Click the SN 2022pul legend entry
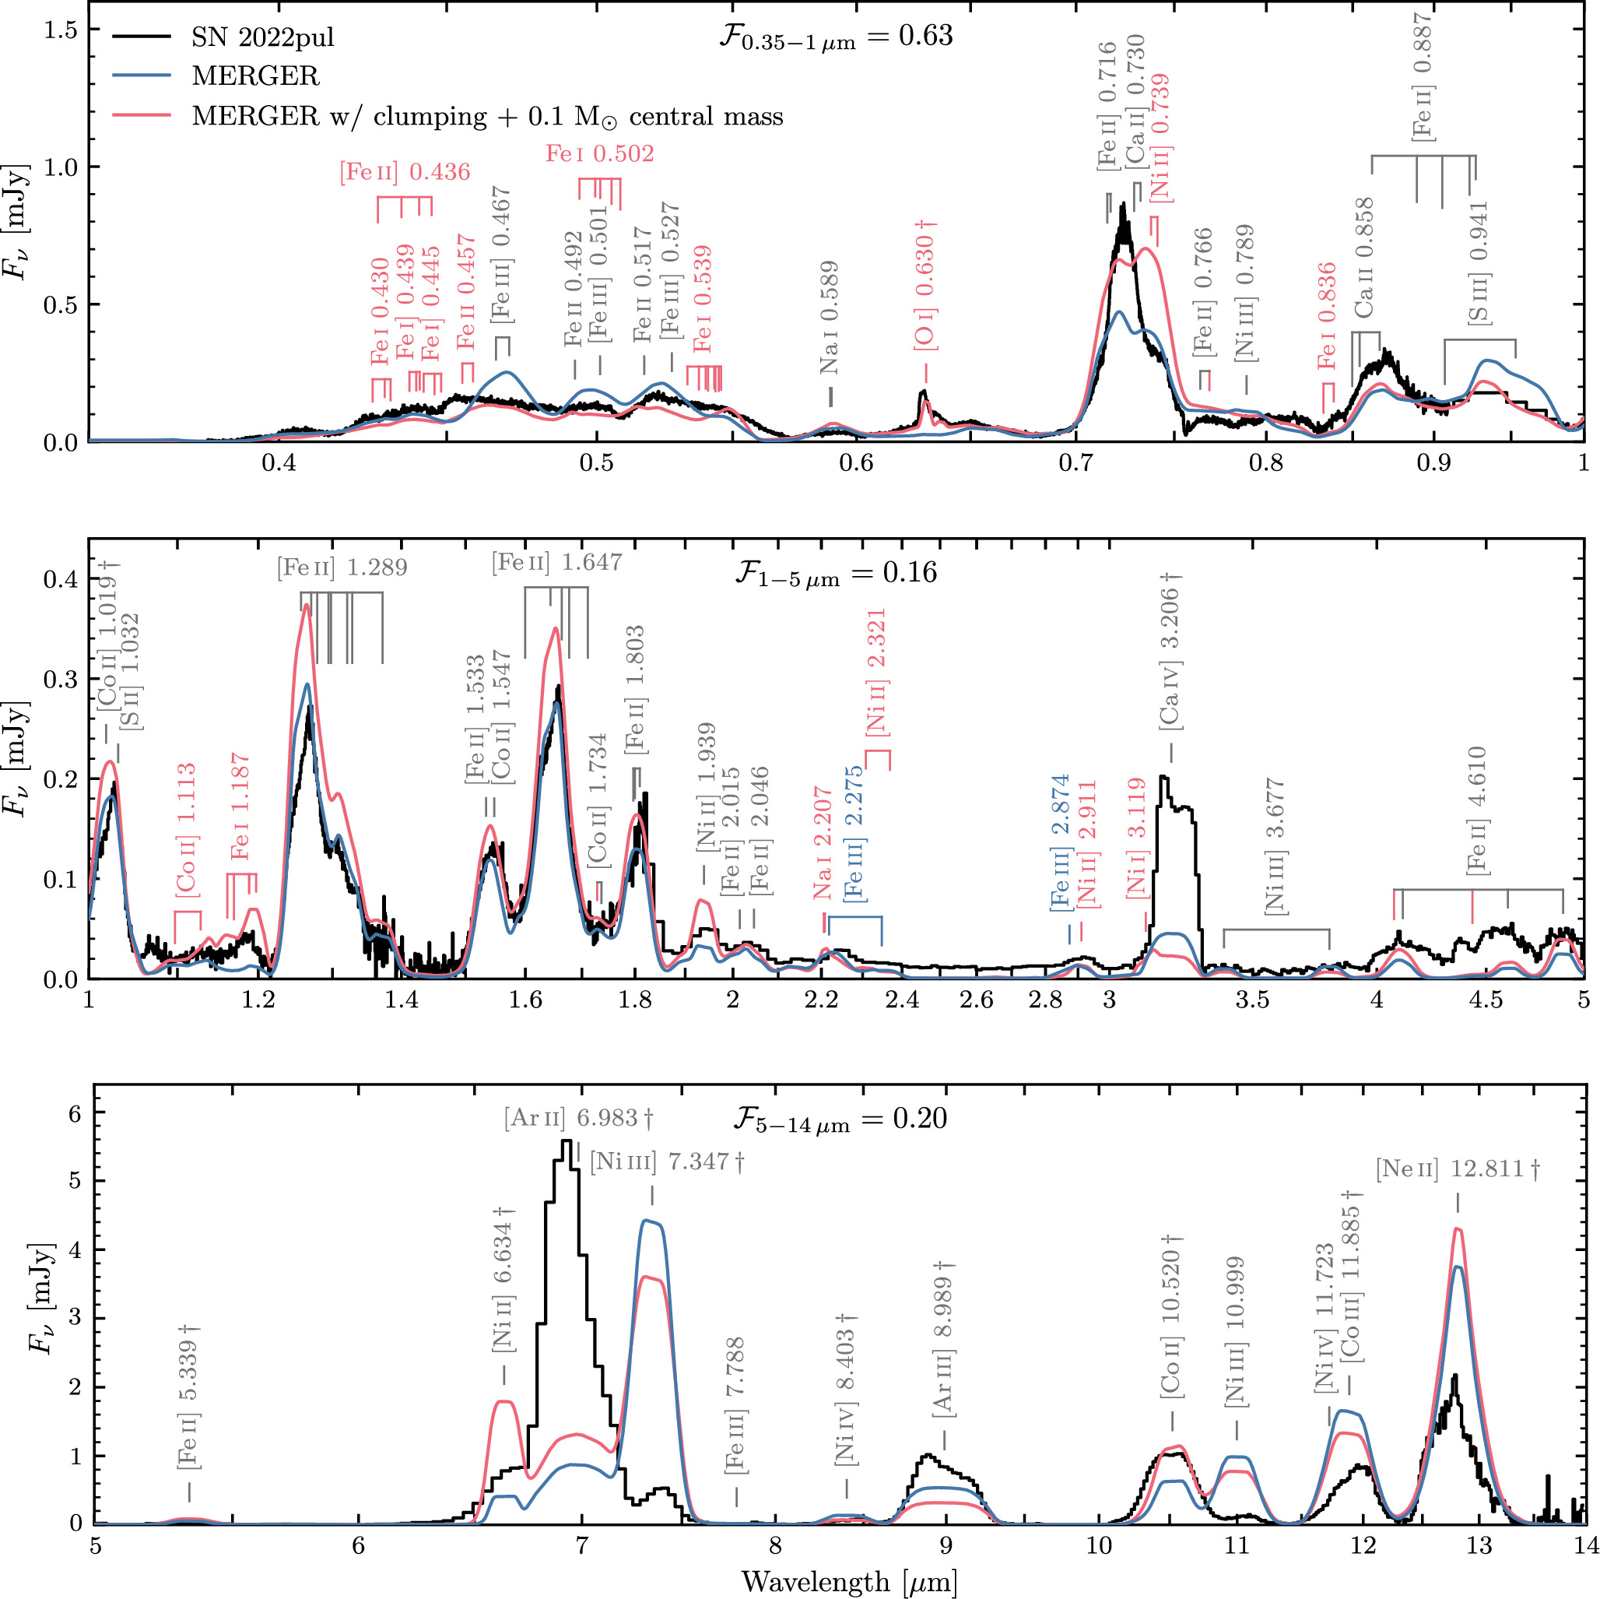click(x=262, y=37)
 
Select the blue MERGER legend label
click(x=255, y=76)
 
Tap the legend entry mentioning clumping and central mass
click(x=487, y=116)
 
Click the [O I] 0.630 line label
click(x=925, y=285)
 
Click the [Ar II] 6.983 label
click(x=578, y=1119)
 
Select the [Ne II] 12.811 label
click(x=1457, y=1169)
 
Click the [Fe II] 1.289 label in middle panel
click(x=342, y=568)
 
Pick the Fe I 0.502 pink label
click(x=599, y=154)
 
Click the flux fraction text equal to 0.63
click(x=836, y=37)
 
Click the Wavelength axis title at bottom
click(x=849, y=1581)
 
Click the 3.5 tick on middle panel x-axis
click(x=1251, y=1000)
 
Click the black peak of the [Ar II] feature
click(x=567, y=1142)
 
